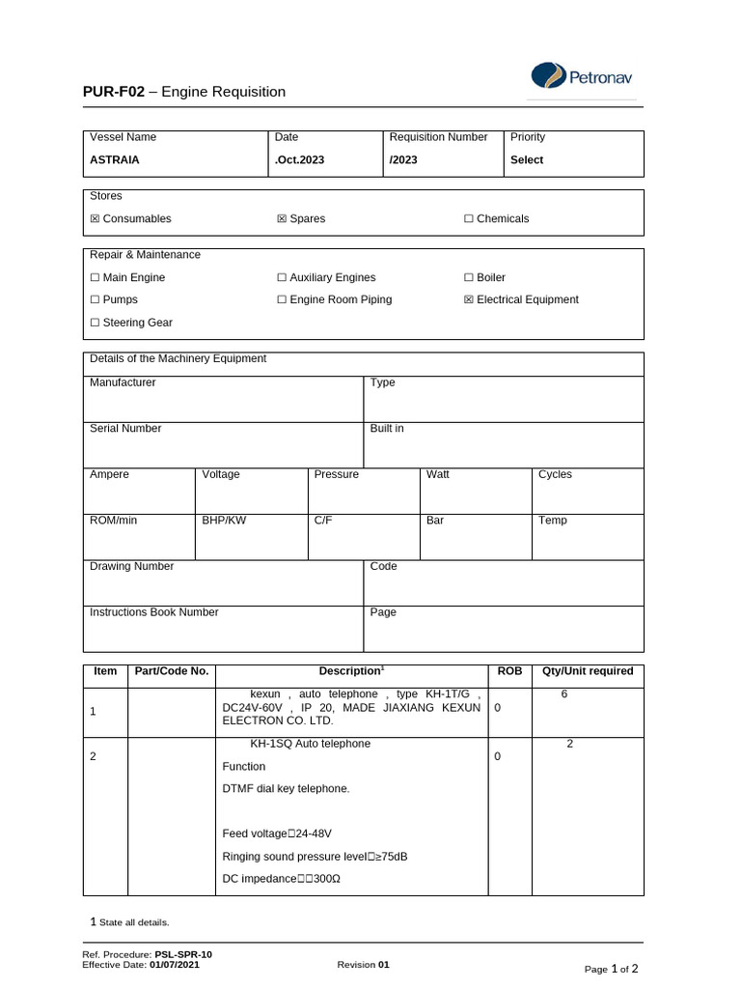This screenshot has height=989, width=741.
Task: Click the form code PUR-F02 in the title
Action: (x=113, y=92)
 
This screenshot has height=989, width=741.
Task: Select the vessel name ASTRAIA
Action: (x=115, y=160)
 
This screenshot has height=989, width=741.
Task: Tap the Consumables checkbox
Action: (x=95, y=219)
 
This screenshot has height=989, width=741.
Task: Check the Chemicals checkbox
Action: (x=469, y=219)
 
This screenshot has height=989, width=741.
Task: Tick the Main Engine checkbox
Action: (x=95, y=278)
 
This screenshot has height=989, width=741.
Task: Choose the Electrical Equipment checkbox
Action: (x=469, y=300)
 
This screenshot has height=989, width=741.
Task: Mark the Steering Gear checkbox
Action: (x=95, y=323)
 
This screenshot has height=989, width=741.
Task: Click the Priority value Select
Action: (x=527, y=160)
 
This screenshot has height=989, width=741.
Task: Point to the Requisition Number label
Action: (x=438, y=137)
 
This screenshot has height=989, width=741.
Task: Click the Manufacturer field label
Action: (x=123, y=382)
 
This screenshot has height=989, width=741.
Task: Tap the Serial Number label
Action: (x=125, y=429)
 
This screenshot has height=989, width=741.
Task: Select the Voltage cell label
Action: (x=221, y=474)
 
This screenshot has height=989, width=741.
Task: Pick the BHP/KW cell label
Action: (x=224, y=521)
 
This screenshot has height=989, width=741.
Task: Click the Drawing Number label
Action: (x=131, y=566)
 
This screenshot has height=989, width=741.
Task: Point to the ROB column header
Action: (x=509, y=671)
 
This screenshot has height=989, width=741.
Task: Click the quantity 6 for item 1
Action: (x=564, y=694)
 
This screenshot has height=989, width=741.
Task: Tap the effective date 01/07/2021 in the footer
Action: (x=175, y=964)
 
